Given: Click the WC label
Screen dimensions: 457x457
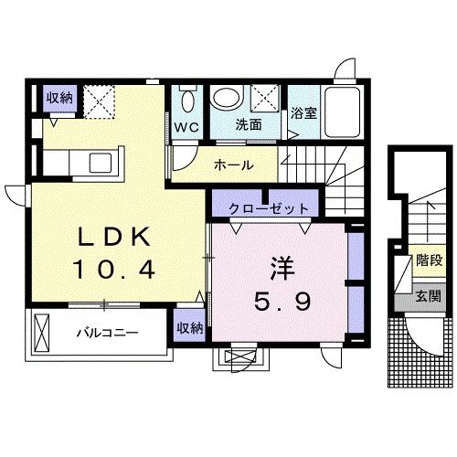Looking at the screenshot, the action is [x=186, y=128].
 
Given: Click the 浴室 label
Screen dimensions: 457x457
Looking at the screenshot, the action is [x=303, y=113].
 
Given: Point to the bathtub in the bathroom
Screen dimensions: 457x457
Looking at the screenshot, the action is [x=342, y=112].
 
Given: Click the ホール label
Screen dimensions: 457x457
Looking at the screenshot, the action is [x=234, y=165].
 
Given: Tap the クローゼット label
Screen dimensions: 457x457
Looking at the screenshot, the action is [x=269, y=209].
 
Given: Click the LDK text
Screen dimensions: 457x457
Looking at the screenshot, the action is [x=114, y=237].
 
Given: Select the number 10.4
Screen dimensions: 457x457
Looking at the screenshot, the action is [x=113, y=269].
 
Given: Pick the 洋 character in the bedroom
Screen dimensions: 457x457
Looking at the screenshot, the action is [x=282, y=269].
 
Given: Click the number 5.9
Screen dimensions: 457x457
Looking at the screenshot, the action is [x=282, y=301].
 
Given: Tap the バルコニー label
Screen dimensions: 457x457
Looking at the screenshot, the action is [x=107, y=332].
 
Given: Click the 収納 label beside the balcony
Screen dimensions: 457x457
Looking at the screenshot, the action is [x=190, y=328].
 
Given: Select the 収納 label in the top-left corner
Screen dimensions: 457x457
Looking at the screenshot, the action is [x=59, y=98].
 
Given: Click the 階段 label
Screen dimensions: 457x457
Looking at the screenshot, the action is [x=430, y=260].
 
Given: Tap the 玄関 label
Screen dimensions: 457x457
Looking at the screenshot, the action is [x=429, y=295].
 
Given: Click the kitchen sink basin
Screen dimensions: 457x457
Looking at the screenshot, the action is [x=101, y=163].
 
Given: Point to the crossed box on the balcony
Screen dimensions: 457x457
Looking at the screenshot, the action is [x=42, y=333].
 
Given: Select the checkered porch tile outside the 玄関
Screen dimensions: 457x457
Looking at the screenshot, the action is [x=420, y=353].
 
